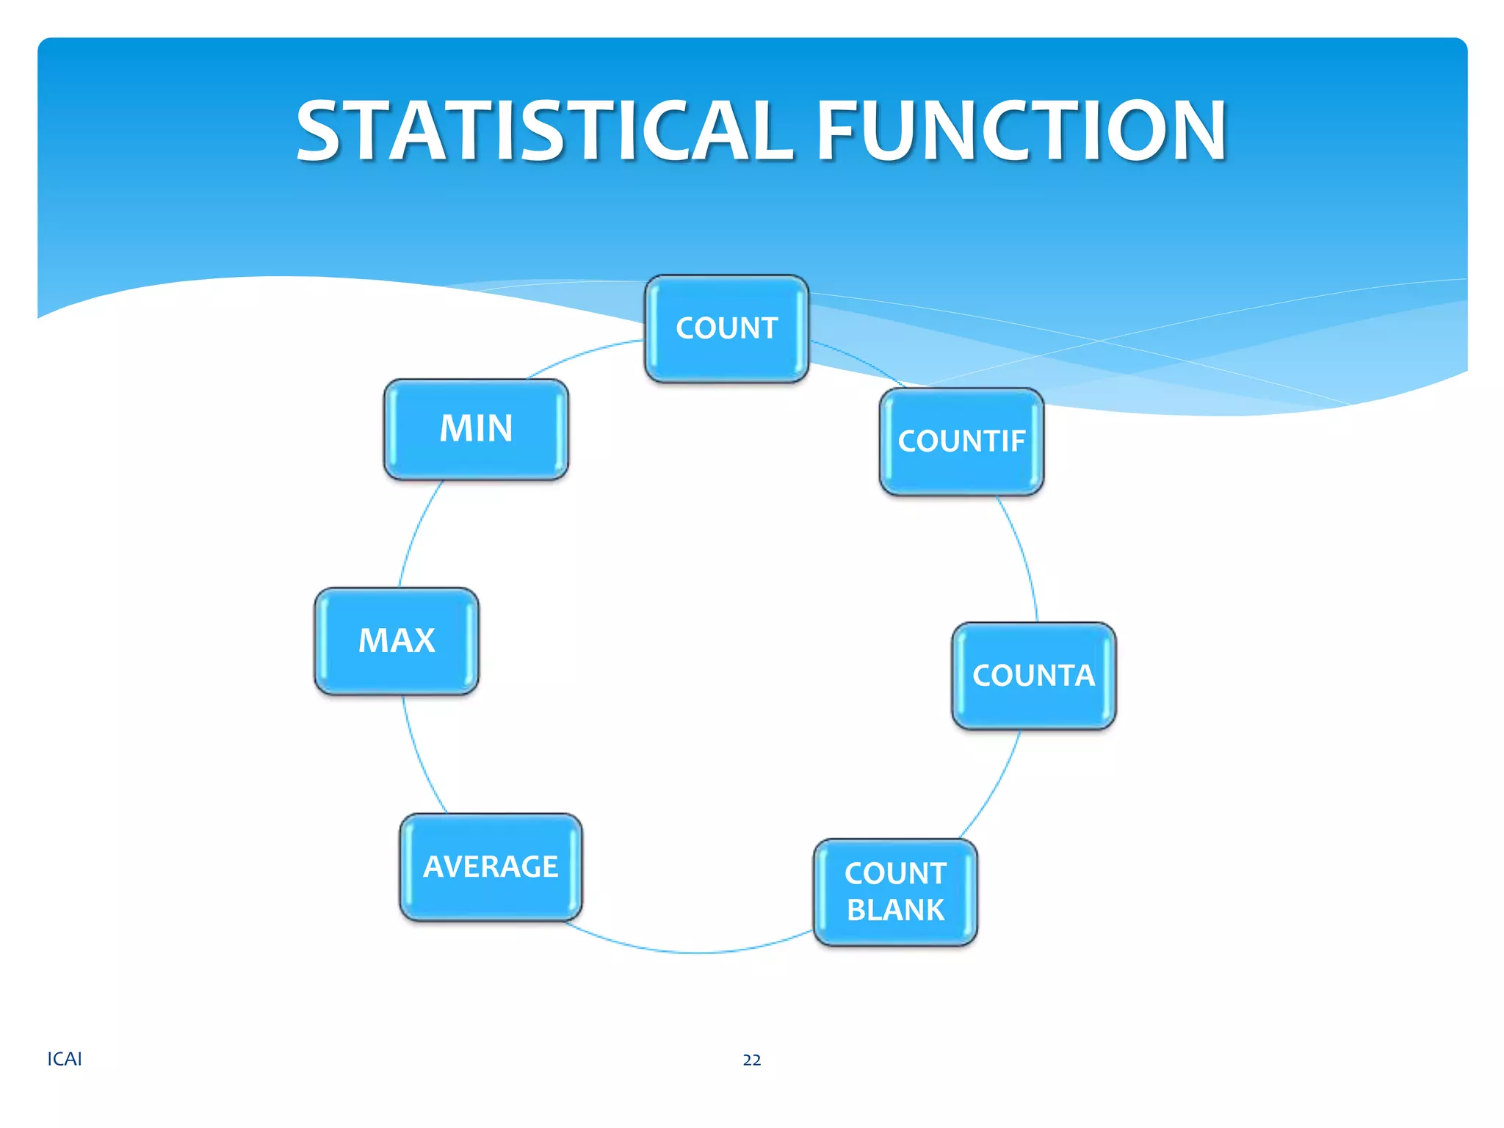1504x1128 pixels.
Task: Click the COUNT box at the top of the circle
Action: coord(726,328)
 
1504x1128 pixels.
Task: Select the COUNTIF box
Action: coord(961,441)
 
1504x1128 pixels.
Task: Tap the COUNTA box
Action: coord(1033,676)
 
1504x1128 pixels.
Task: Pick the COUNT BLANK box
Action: coord(895,892)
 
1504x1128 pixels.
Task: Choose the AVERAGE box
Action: coord(491,867)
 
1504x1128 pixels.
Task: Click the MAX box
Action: coord(397,640)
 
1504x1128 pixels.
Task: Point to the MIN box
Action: coord(476,429)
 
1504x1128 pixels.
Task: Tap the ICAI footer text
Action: coord(65,1059)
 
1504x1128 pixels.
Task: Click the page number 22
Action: coord(751,1060)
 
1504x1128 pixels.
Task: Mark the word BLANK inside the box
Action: coord(895,910)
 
